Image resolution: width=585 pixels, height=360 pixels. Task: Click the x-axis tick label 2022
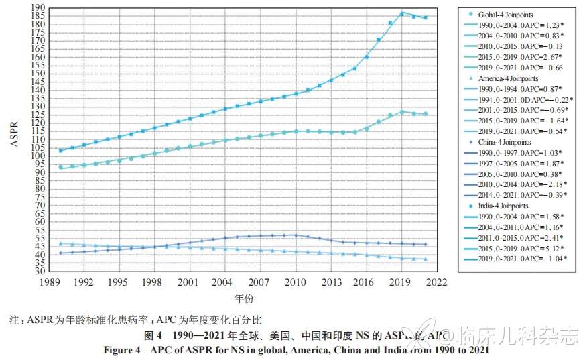[436, 282]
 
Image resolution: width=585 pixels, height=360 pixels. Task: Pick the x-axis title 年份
[243, 298]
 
